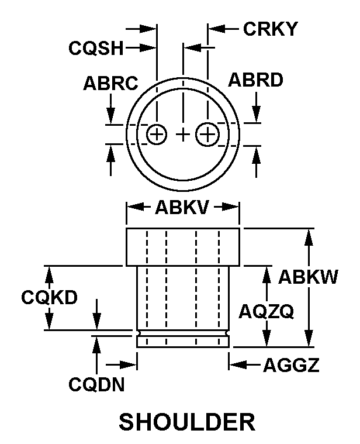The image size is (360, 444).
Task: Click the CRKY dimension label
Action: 271,29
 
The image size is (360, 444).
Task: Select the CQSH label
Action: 96,48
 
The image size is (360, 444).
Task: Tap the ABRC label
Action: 110,83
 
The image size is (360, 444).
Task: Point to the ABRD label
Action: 255,80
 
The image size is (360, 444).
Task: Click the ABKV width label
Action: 182,207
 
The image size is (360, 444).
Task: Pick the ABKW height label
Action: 308,277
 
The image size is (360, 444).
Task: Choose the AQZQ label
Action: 266,311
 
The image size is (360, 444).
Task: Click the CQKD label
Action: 49,297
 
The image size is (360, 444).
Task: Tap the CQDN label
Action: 96,384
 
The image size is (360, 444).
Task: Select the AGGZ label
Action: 291,365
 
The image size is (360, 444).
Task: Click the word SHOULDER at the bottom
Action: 186,422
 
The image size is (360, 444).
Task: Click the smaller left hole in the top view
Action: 157,134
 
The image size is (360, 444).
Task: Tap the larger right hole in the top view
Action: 207,134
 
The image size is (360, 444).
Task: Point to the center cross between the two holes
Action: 184,134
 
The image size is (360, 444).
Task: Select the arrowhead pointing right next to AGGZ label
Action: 129,365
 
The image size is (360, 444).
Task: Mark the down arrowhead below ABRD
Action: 256,114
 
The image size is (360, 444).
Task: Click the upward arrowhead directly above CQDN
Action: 96,345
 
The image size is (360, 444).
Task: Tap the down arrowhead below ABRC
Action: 110,115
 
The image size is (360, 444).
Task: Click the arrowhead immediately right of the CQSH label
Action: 148,48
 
